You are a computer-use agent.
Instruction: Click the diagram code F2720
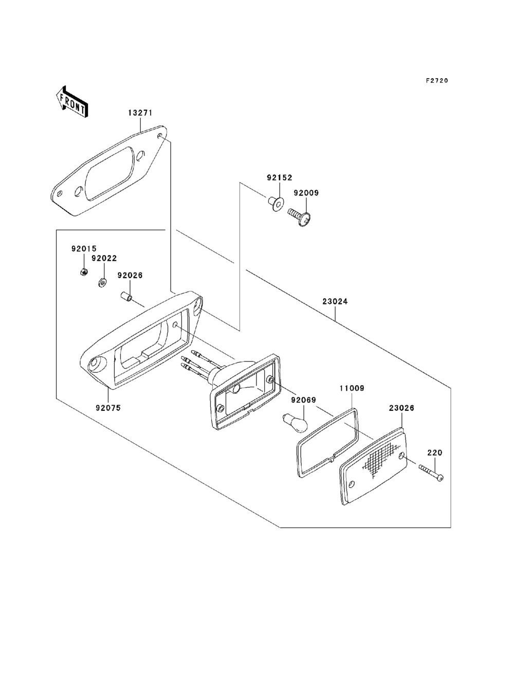(436, 81)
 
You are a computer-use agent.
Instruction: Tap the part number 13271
(140, 113)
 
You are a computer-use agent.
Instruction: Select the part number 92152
(279, 178)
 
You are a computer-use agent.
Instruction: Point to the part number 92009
(306, 193)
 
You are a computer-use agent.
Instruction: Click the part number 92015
(84, 249)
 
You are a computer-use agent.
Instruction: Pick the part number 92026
(130, 276)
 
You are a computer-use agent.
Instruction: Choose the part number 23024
(335, 302)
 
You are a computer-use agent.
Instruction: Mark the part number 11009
(351, 389)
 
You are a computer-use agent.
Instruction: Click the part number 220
(435, 453)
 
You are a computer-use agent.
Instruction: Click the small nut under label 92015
(83, 271)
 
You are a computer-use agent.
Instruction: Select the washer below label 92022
(102, 282)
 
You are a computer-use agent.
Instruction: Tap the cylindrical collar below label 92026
(125, 297)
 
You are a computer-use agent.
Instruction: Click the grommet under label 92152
(276, 204)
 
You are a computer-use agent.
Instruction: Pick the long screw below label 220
(431, 473)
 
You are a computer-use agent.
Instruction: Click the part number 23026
(401, 408)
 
